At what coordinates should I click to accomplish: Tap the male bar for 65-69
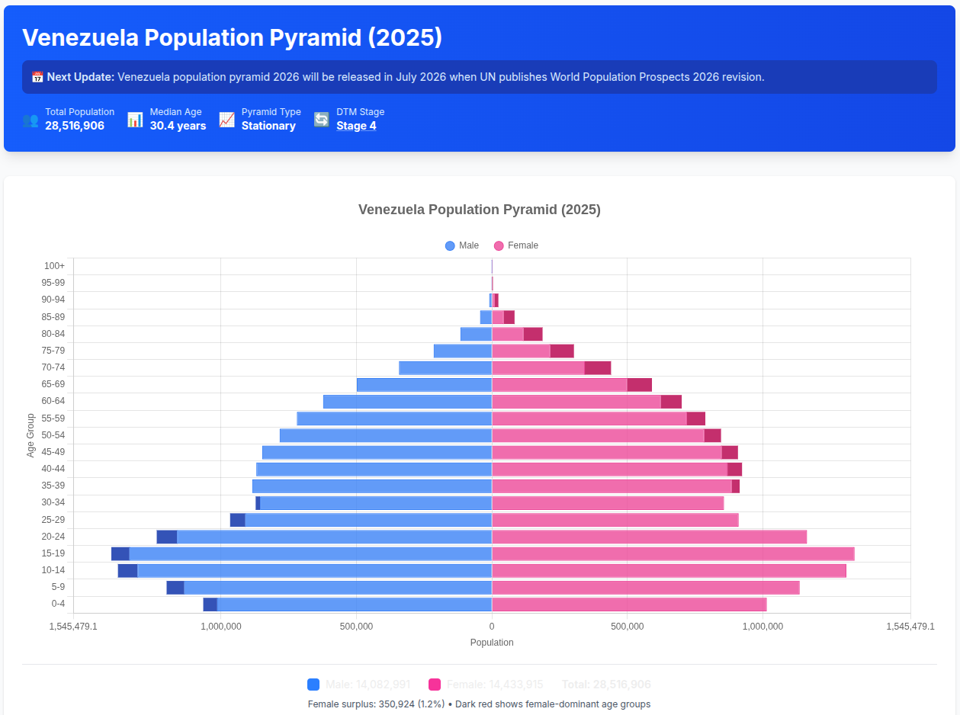(424, 385)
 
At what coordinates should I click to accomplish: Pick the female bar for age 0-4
(629, 604)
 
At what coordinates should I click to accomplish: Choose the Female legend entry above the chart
(516, 245)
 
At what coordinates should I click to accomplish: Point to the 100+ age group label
(55, 266)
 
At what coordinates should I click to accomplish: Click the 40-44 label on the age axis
(53, 469)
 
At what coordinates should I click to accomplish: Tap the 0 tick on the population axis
(492, 627)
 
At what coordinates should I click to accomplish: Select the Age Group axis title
(31, 435)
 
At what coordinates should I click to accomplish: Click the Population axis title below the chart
(492, 643)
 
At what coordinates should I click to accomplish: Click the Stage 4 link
(356, 126)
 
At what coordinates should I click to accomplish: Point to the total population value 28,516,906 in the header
(75, 126)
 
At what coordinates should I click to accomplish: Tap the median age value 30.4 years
(178, 126)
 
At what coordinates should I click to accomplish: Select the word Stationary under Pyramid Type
(268, 126)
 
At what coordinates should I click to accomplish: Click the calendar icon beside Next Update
(37, 77)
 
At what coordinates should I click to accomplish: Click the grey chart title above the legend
(480, 210)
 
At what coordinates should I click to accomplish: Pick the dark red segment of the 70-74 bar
(598, 368)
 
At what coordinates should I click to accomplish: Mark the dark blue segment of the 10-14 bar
(127, 570)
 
